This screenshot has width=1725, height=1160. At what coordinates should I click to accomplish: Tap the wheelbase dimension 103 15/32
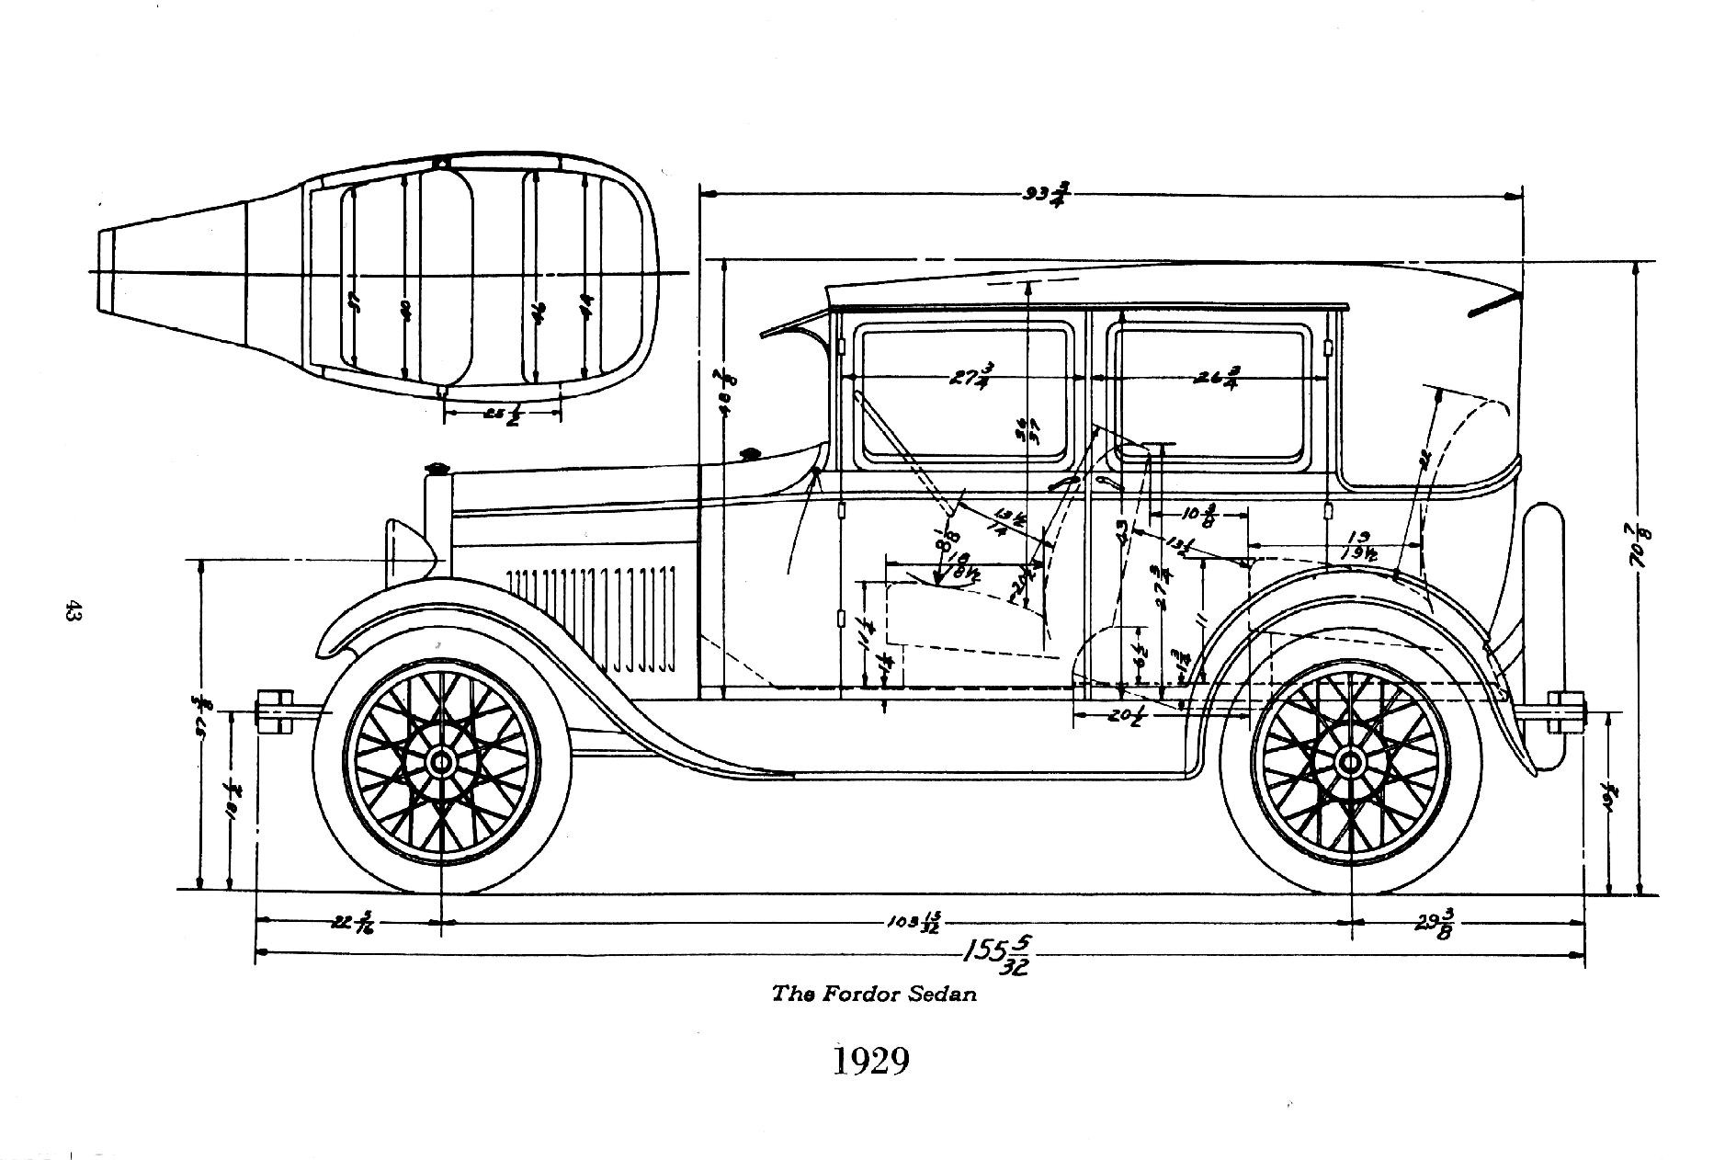(x=916, y=923)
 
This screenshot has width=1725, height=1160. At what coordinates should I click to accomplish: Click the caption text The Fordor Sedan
(x=874, y=994)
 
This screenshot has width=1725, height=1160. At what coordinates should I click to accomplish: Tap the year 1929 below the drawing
(x=870, y=1061)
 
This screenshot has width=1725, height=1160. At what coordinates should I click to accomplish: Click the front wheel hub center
(x=441, y=762)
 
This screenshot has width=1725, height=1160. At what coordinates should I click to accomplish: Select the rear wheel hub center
(x=1350, y=762)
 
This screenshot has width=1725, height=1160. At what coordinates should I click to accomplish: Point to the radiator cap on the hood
(x=437, y=469)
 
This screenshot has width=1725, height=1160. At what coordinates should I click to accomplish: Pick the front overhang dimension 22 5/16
(x=351, y=922)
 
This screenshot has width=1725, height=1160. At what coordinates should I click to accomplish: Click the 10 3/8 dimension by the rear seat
(x=1201, y=516)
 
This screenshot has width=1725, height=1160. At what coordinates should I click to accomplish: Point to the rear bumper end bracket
(x=1567, y=712)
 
